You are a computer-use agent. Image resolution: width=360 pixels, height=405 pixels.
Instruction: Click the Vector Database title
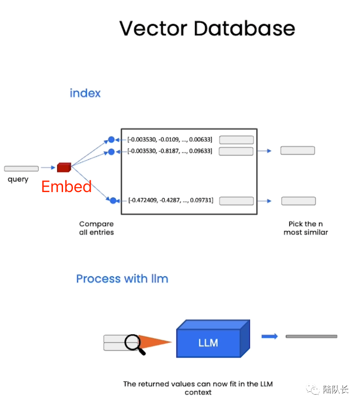click(207, 28)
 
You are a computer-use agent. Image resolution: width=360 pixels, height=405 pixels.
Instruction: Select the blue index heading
click(85, 93)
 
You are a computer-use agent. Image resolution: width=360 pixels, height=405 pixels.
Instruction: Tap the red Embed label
click(66, 187)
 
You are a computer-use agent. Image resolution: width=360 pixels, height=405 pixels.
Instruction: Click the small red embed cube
click(64, 167)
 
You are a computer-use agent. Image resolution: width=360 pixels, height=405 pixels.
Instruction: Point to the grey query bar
click(21, 169)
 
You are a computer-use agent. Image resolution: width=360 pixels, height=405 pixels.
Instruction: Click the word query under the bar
click(18, 179)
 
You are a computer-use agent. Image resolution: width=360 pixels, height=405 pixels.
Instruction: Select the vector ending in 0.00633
click(170, 140)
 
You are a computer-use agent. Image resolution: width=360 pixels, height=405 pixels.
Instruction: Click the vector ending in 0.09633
click(170, 151)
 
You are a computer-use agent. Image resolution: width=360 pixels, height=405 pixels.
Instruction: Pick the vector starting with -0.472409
click(171, 200)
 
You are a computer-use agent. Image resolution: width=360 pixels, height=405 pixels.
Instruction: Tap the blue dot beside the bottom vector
click(113, 201)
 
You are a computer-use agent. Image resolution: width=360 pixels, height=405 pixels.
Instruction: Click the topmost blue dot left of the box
click(112, 140)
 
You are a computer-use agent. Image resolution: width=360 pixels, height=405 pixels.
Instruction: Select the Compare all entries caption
click(97, 228)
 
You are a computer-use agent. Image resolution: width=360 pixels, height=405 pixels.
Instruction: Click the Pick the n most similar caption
click(306, 228)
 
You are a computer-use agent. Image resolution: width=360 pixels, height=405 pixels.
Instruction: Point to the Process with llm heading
click(122, 279)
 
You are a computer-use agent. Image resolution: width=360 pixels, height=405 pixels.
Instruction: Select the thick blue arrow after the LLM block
click(269, 336)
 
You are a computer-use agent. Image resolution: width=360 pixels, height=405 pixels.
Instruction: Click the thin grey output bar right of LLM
click(311, 336)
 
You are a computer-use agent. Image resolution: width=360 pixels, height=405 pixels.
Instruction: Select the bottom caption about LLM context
click(198, 388)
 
